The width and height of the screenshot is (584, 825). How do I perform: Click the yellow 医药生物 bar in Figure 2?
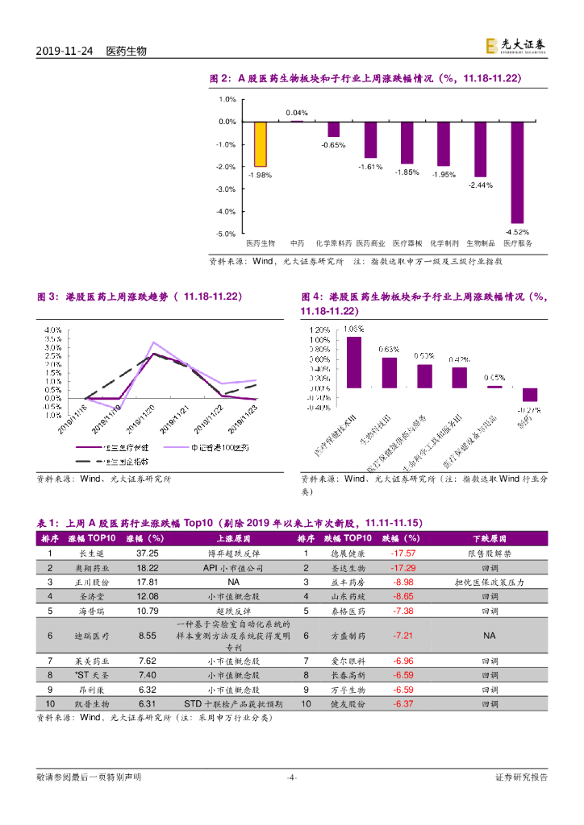coord(261,144)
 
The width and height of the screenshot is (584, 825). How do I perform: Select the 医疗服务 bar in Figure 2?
coord(517,172)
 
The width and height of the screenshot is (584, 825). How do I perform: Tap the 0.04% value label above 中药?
coord(297,113)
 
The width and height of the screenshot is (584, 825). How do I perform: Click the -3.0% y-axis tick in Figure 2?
coord(226,189)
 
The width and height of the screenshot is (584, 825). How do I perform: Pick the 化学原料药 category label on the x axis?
coord(333,242)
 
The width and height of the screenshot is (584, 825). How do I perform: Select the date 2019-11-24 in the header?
coord(64,51)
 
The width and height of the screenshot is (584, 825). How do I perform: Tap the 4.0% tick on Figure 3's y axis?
coord(53,330)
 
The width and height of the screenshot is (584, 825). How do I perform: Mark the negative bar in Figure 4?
coord(530,394)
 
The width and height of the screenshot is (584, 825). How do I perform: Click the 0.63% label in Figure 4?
coord(389,350)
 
